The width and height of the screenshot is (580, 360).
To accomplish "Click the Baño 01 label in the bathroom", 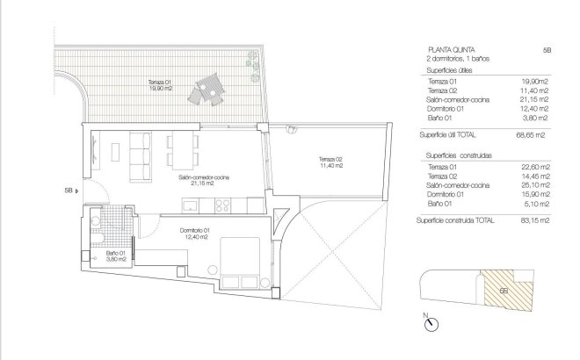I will (x=117, y=256).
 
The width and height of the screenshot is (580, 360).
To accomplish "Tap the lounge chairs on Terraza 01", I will (x=207, y=89).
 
